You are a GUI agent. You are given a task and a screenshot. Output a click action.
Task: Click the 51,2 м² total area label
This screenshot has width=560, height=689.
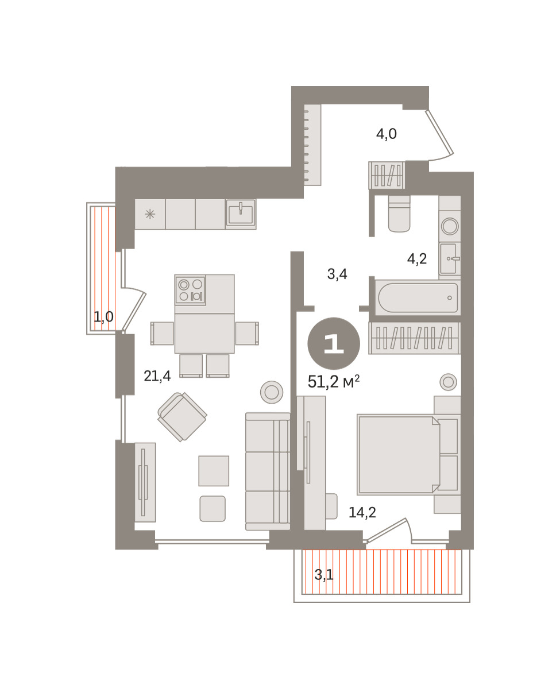[334, 382]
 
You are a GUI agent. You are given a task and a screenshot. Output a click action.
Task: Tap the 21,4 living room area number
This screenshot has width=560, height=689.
[157, 376]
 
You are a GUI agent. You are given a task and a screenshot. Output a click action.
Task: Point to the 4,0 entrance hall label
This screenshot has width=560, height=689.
[387, 134]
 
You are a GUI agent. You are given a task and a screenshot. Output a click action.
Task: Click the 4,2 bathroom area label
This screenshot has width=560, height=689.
[416, 259]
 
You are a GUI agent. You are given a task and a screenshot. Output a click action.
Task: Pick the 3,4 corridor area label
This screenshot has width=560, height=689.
[337, 274]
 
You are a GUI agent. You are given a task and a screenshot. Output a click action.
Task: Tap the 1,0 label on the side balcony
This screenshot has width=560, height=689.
[103, 317]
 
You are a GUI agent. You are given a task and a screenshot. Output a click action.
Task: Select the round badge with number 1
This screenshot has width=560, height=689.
[334, 343]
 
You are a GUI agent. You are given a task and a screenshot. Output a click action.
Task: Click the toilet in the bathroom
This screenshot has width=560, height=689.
[399, 214]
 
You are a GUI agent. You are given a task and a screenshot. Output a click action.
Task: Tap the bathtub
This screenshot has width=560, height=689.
[418, 297]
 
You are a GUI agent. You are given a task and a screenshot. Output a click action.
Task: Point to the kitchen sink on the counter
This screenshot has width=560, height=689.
[241, 214]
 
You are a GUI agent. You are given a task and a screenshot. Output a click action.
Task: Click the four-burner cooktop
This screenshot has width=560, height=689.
[190, 290]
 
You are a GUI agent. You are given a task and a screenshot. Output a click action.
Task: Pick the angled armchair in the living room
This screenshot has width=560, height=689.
[182, 417]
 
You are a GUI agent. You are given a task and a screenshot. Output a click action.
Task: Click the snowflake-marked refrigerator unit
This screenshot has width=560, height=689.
[150, 214]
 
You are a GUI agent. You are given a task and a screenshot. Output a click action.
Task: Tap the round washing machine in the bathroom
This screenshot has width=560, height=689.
[450, 226]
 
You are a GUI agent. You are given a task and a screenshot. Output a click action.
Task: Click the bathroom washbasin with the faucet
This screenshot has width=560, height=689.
[450, 258]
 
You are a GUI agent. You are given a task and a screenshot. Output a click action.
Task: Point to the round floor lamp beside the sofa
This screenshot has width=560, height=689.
[272, 392]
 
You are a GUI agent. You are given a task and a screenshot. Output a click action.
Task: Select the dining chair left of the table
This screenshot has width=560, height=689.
[162, 333]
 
